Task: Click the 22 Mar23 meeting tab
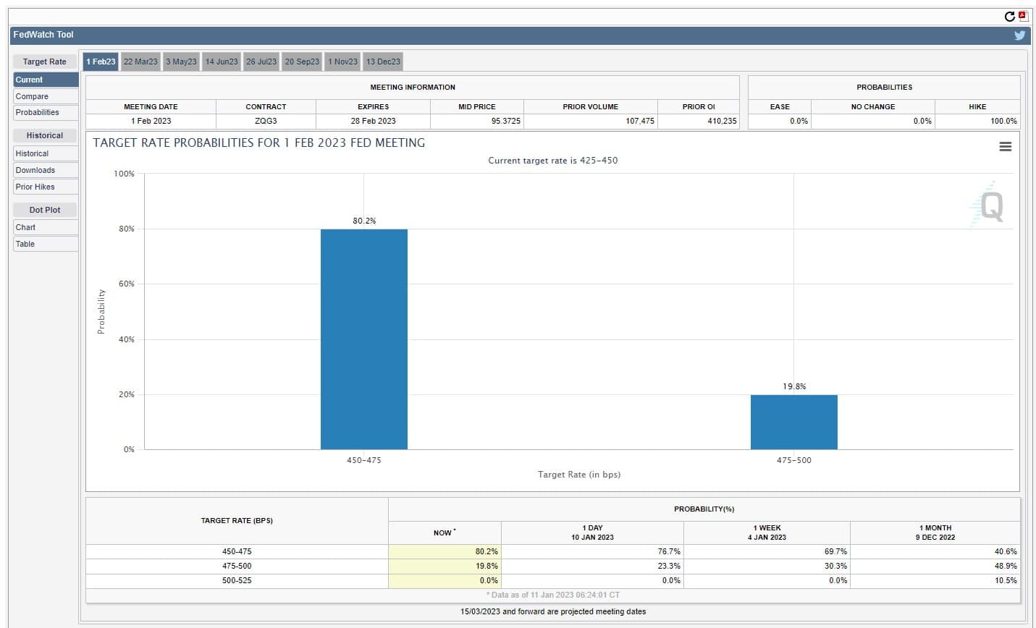(x=140, y=61)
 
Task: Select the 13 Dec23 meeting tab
(x=383, y=61)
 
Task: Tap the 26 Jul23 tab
(x=261, y=61)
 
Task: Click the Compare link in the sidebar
(x=32, y=96)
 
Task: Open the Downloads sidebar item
(x=35, y=170)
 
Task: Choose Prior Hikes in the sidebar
(x=35, y=187)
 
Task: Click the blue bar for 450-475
(x=364, y=339)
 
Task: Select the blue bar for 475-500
(x=794, y=422)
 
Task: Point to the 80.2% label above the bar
(x=364, y=221)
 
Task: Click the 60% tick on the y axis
(x=127, y=284)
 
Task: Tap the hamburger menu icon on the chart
(x=1006, y=146)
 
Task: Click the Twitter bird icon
(x=1020, y=35)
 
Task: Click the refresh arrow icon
(x=1010, y=17)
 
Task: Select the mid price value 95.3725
(x=506, y=121)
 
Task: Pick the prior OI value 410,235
(x=722, y=121)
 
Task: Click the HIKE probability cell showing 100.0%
(x=1003, y=121)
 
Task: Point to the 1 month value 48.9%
(x=1006, y=566)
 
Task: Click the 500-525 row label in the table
(x=237, y=580)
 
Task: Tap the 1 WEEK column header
(x=767, y=527)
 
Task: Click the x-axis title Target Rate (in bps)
(x=579, y=475)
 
